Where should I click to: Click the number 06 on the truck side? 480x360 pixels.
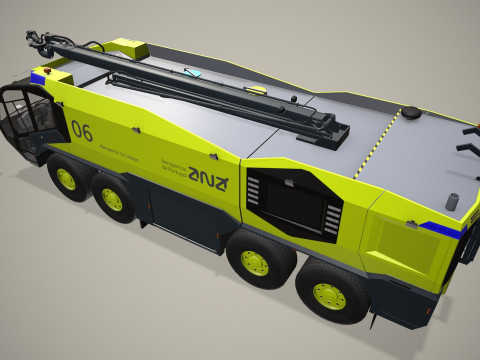click(x=82, y=130)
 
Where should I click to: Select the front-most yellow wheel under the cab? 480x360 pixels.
click(x=66, y=180)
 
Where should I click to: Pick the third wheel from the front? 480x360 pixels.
click(x=254, y=261)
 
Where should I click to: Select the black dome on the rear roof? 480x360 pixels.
click(x=409, y=113)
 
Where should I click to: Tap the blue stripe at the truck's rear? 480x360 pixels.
click(x=450, y=230)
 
